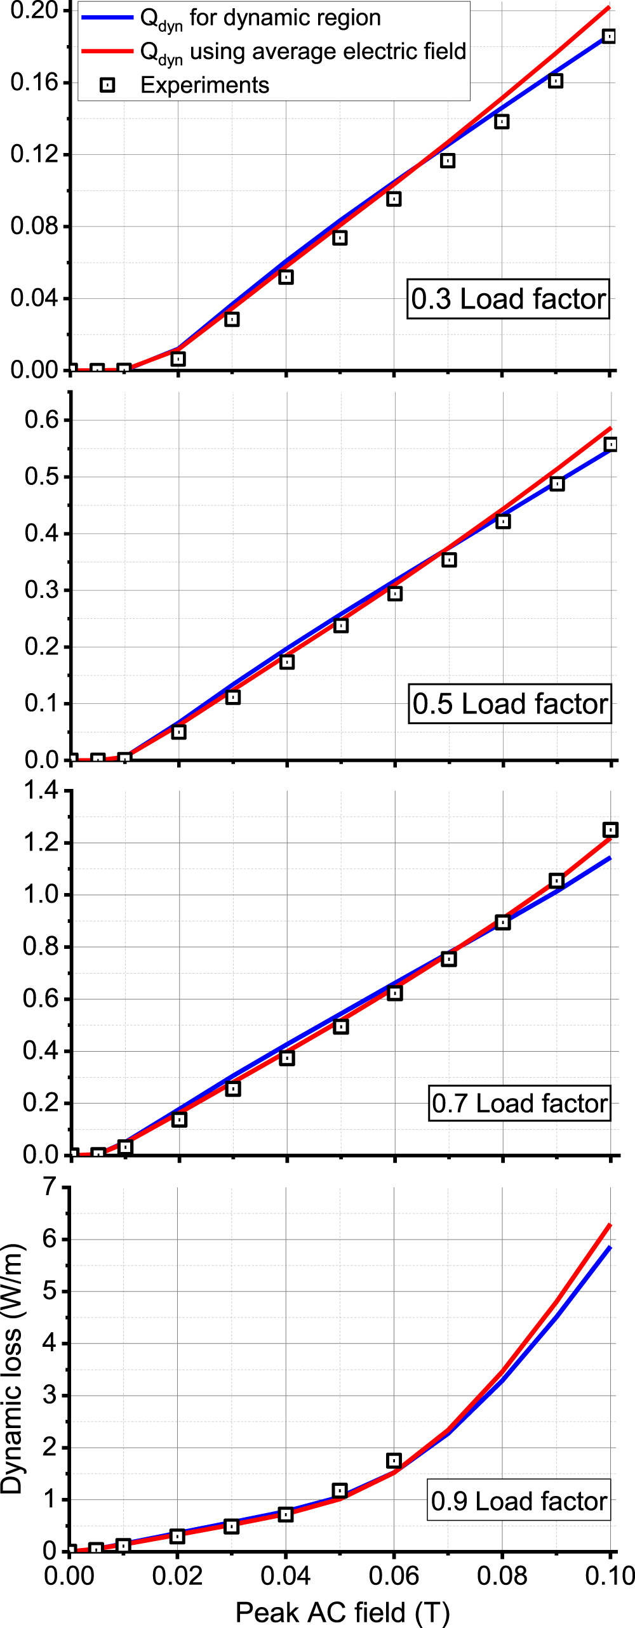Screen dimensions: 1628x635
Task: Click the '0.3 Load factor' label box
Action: pyautogui.click(x=508, y=299)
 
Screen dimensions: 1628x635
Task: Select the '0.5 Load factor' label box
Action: pyautogui.click(x=510, y=704)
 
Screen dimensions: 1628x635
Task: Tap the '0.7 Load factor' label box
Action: pyautogui.click(x=519, y=1103)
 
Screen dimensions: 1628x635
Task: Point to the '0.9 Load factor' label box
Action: pyautogui.click(x=519, y=1501)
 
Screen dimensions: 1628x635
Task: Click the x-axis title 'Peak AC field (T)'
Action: pyautogui.click(x=342, y=1612)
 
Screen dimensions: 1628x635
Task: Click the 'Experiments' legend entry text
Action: pyautogui.click(x=204, y=85)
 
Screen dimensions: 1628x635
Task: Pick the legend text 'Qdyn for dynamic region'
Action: pyautogui.click(x=260, y=18)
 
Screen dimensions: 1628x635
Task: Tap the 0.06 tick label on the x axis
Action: pyautogui.click(x=394, y=1576)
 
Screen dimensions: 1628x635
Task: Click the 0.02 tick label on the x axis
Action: pyautogui.click(x=177, y=1576)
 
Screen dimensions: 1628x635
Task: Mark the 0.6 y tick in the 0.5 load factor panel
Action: pyautogui.click(x=41, y=420)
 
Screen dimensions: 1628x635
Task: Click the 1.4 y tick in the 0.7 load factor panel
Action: pyautogui.click(x=40, y=791)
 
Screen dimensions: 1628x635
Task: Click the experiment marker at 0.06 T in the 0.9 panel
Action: pyautogui.click(x=394, y=1460)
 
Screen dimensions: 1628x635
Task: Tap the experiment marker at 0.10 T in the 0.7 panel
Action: pyautogui.click(x=610, y=830)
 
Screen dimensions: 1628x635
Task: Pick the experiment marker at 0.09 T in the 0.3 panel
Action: pyautogui.click(x=556, y=81)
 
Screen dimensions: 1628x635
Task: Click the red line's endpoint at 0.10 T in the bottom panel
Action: pyautogui.click(x=610, y=1224)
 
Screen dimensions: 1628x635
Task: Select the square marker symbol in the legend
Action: pyautogui.click(x=108, y=85)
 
